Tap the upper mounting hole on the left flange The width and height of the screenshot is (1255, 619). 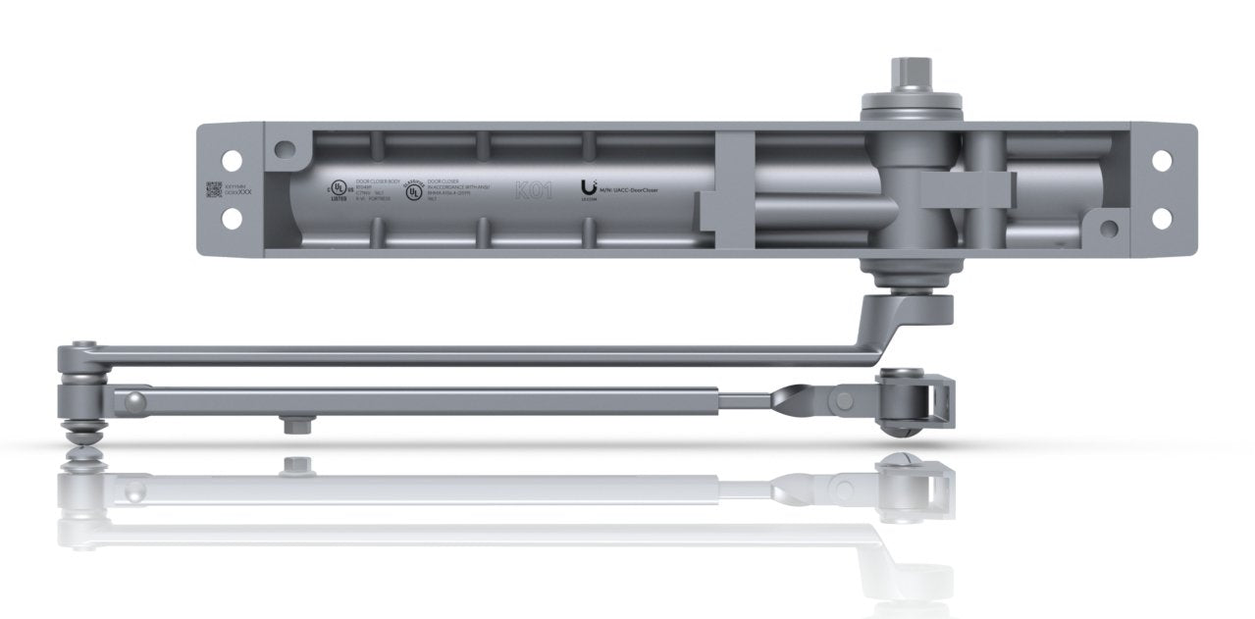(233, 156)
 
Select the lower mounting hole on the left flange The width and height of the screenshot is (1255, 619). (233, 220)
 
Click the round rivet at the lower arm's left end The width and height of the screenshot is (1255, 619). (134, 399)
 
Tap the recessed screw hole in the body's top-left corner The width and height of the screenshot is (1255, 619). (285, 150)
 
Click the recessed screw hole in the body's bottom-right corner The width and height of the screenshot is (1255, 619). (1108, 229)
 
